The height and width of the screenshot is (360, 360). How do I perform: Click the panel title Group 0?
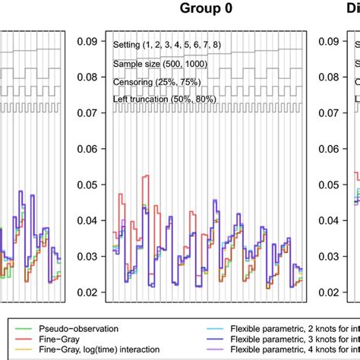(x=206, y=9)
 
